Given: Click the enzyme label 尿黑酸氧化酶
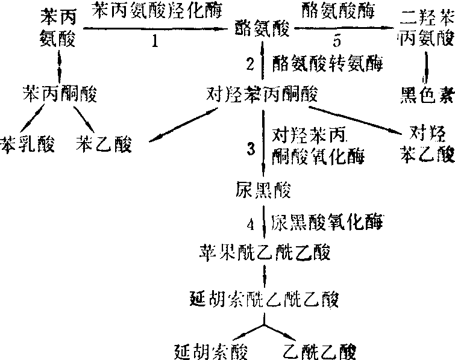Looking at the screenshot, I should pos(326,221).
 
